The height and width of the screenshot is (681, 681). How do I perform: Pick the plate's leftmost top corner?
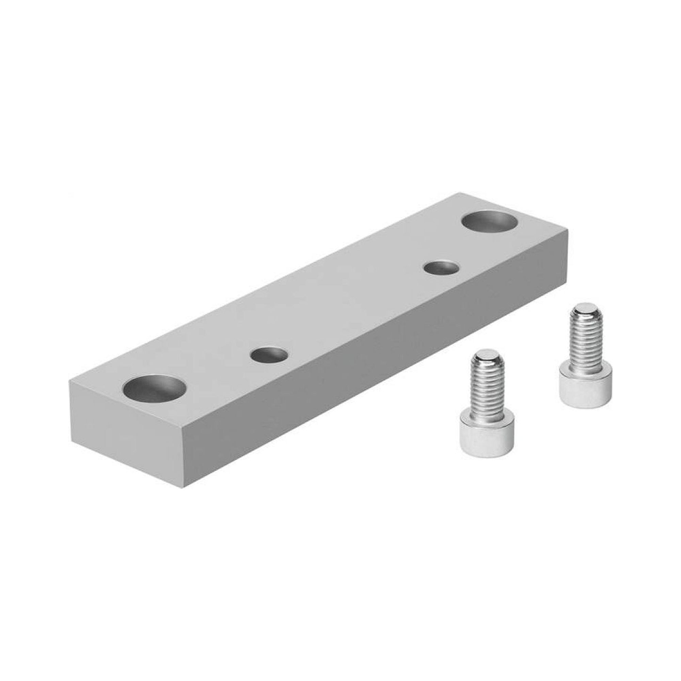click(x=69, y=379)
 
